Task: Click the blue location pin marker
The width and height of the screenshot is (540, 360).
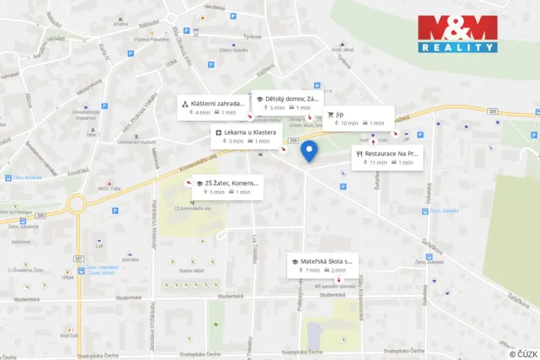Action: [309, 152]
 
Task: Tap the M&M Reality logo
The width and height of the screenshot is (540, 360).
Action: [457, 34]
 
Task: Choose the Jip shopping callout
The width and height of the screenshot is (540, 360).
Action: [358, 118]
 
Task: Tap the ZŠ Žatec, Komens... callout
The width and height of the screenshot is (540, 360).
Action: [222, 187]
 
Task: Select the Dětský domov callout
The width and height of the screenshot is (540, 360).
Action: [288, 103]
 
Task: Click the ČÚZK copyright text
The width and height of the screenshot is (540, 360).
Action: [522, 354]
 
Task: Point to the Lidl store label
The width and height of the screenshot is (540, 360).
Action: [98, 246]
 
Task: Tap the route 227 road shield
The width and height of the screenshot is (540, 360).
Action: [78, 237]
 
